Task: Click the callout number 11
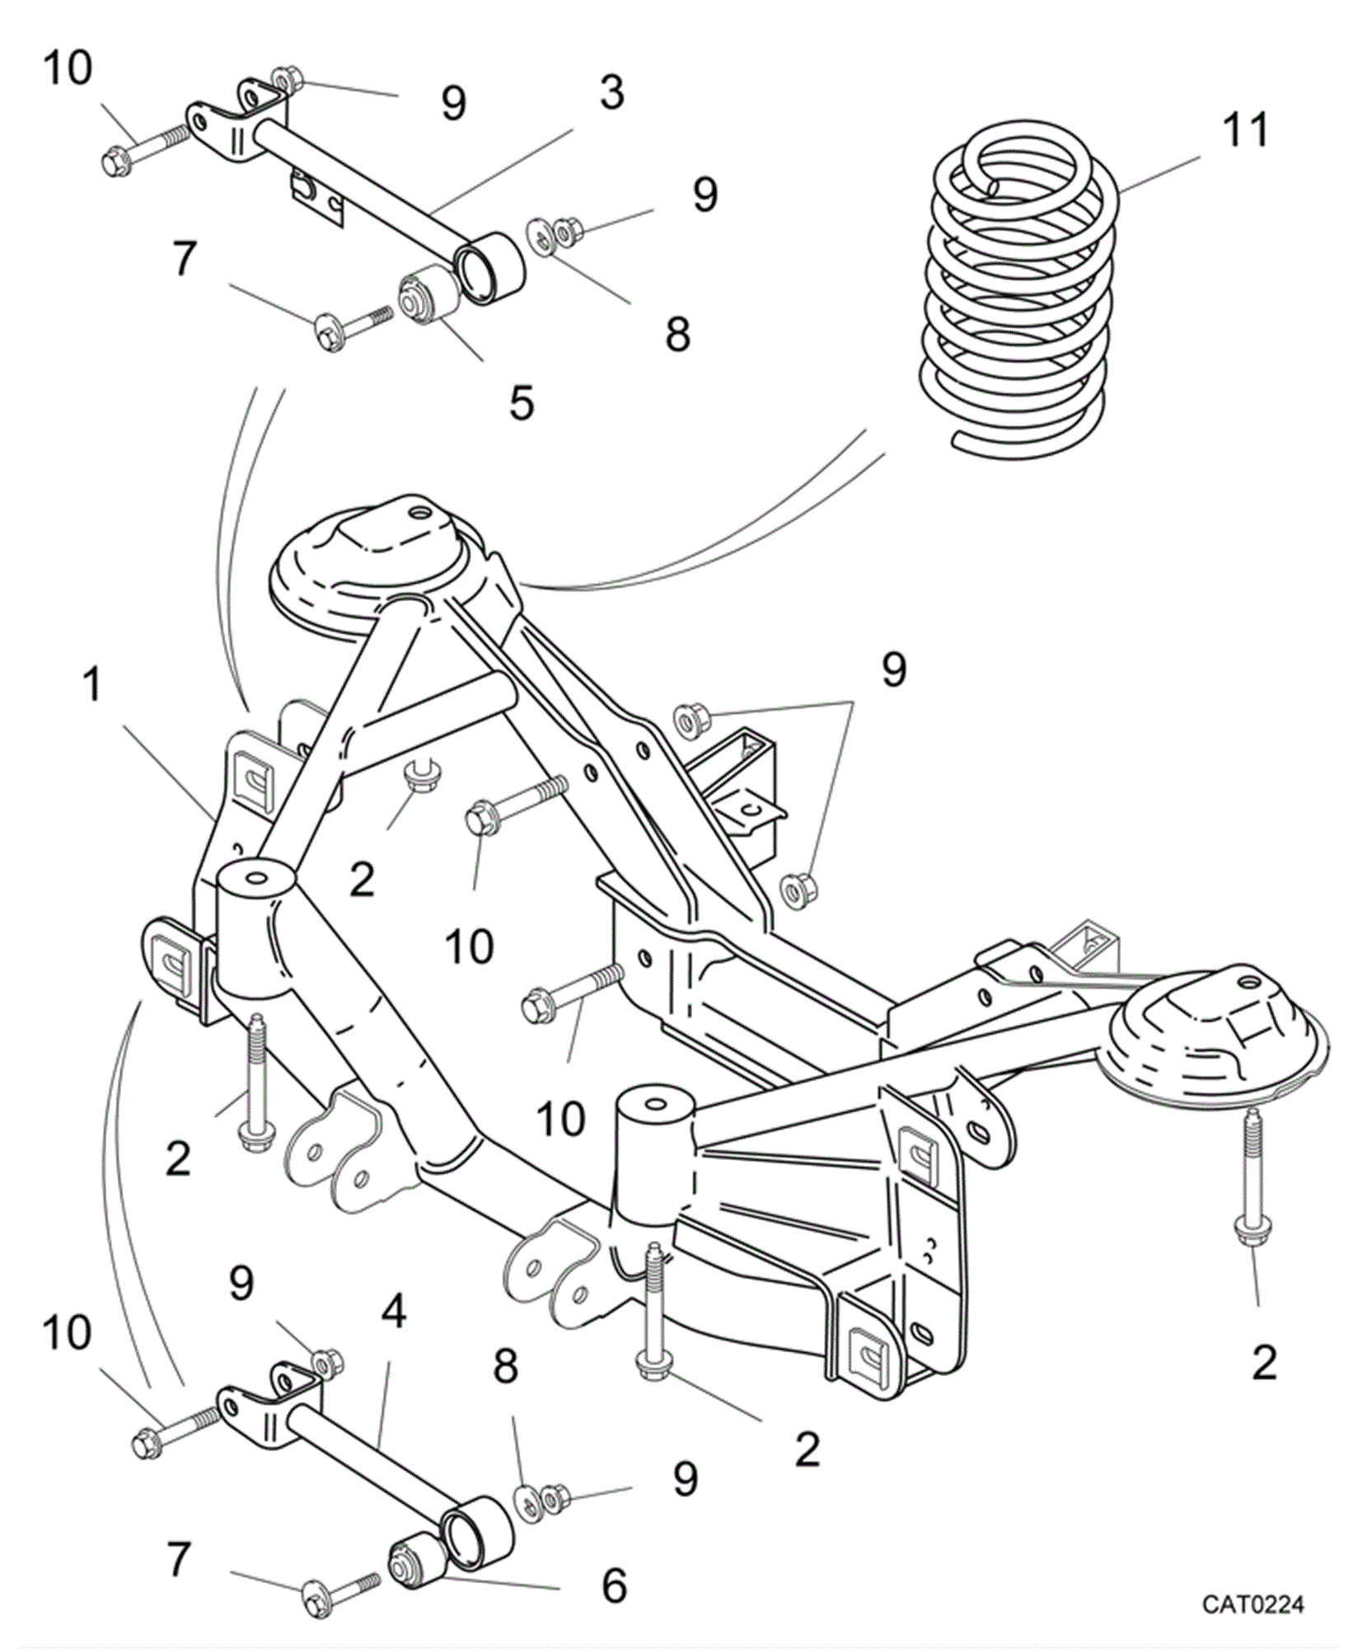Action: [x=1245, y=130]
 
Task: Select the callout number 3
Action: [x=612, y=92]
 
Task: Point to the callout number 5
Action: [x=522, y=402]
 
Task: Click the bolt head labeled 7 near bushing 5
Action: [x=328, y=332]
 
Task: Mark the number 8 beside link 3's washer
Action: [x=677, y=334]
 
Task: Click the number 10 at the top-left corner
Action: [x=68, y=67]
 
